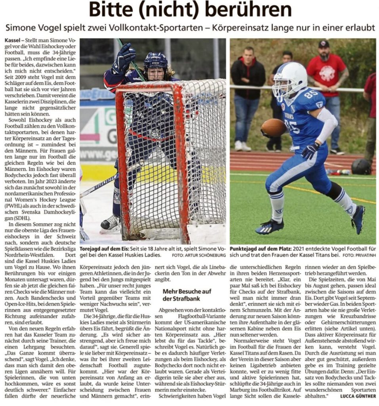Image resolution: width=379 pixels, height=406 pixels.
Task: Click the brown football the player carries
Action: tap(274, 128)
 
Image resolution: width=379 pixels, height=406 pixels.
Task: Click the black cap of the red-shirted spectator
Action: tap(324, 44)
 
